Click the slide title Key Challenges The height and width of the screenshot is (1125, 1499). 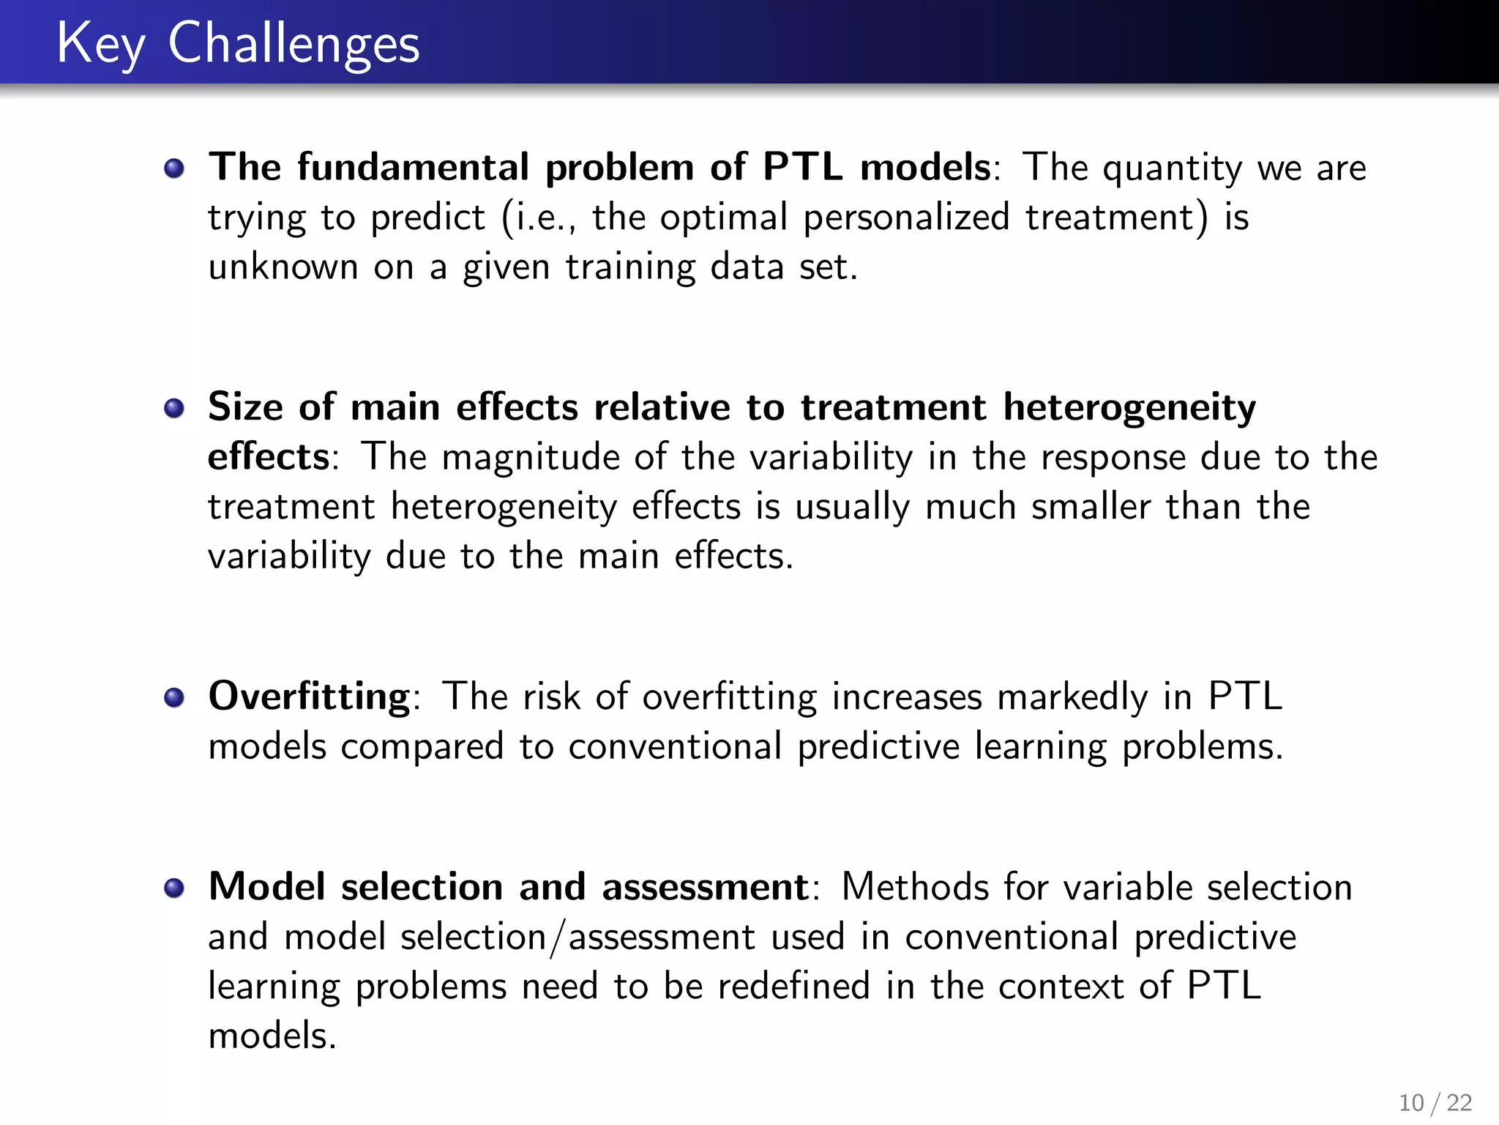click(238, 44)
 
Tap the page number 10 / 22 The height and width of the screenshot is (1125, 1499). click(1435, 1102)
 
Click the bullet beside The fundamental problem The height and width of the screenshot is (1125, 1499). click(174, 168)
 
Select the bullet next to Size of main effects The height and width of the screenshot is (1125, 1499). click(174, 408)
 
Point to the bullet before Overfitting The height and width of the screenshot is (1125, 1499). click(174, 697)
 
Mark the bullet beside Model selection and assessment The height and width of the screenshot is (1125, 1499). click(174, 888)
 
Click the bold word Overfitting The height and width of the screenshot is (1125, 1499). click(309, 696)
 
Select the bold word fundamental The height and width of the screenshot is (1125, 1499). click(413, 167)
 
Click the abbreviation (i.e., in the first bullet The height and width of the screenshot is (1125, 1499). click(539, 218)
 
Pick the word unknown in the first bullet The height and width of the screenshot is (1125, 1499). click(283, 267)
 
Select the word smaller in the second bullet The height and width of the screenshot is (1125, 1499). click(1091, 507)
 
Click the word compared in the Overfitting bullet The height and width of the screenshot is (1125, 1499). click(422, 747)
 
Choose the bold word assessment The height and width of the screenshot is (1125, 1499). click(705, 887)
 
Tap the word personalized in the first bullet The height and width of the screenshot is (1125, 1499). click(906, 218)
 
